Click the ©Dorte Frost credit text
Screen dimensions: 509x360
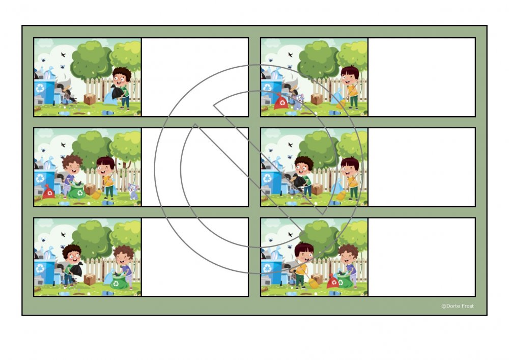pyautogui.click(x=458, y=306)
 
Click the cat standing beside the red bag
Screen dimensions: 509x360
pyautogui.click(x=297, y=101)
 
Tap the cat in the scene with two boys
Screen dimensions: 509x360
pyautogui.click(x=133, y=191)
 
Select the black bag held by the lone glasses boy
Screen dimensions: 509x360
pyautogui.click(x=117, y=93)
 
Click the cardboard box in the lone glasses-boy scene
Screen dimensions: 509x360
pyautogui.click(x=90, y=99)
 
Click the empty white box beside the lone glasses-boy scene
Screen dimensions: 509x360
pyautogui.click(x=195, y=77)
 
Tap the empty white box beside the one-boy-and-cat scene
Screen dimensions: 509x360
pyautogui.click(x=421, y=77)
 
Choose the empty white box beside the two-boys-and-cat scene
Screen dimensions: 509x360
pyautogui.click(x=195, y=167)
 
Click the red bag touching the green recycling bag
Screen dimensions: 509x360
pyautogui.click(x=333, y=281)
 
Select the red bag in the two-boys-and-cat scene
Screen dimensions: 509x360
pyautogui.click(x=49, y=191)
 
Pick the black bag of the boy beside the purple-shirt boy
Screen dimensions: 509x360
pyautogui.click(x=76, y=269)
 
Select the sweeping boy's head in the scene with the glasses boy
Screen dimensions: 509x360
pyautogui.click(x=350, y=166)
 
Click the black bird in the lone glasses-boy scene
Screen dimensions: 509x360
pyautogui.click(x=63, y=54)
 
